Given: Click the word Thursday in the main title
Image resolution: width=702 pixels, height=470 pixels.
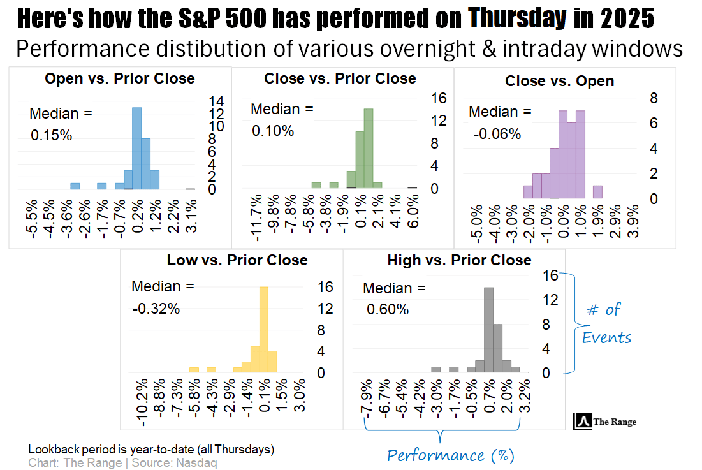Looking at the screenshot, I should pyautogui.click(x=517, y=19).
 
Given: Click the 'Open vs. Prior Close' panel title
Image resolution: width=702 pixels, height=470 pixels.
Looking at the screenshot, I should pyautogui.click(x=120, y=79).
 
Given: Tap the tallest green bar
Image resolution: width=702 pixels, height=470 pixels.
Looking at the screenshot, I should pyautogui.click(x=368, y=149).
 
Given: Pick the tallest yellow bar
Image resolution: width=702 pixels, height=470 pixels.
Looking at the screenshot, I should pyautogui.click(x=264, y=329).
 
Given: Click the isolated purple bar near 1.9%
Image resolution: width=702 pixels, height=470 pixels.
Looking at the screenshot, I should pyautogui.click(x=597, y=192).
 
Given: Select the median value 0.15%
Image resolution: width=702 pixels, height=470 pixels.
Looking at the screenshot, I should pyautogui.click(x=51, y=136).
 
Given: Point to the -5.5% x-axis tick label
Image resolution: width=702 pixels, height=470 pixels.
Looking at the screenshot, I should pyautogui.click(x=34, y=219).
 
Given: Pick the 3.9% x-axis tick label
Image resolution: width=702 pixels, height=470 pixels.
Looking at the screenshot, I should pyautogui.click(x=634, y=222).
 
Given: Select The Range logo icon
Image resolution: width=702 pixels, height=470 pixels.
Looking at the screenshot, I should pyautogui.click(x=582, y=422).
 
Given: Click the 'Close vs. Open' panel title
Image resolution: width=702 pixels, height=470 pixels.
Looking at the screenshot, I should pyautogui.click(x=559, y=82).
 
